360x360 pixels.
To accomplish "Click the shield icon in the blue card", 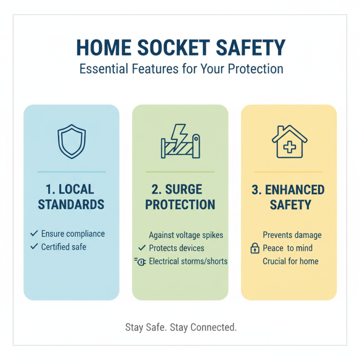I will (x=71, y=142).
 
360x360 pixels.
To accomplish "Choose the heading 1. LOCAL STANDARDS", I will (x=71, y=197).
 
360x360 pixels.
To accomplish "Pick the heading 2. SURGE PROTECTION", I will (x=180, y=197).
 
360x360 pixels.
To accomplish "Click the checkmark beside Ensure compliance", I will (x=34, y=234).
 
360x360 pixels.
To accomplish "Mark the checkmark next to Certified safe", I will (x=34, y=247).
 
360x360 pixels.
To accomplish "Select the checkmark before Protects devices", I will (x=142, y=248).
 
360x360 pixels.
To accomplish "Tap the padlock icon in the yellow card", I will (x=255, y=248).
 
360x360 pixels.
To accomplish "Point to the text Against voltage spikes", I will (x=186, y=235).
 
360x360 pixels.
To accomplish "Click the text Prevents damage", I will (x=292, y=235).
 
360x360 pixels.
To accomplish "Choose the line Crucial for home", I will (x=290, y=261).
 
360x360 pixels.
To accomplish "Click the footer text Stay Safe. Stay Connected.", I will (x=180, y=328).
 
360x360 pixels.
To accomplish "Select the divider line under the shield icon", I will (x=71, y=172).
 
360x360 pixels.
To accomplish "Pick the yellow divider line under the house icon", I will (x=288, y=172).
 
